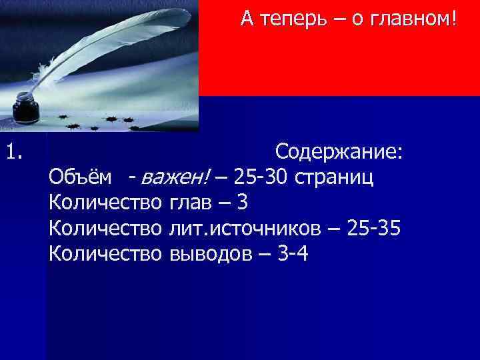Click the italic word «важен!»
[175, 177]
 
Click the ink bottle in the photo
[25, 105]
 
